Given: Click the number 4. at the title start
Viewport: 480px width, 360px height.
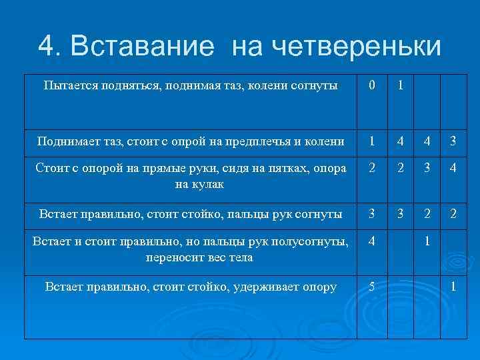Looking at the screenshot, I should (x=51, y=46).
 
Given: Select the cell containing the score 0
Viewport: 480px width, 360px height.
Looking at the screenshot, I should (x=372, y=86).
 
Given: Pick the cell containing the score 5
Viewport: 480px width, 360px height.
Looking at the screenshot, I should (x=372, y=287).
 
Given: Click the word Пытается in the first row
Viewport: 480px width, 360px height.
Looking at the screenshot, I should (x=70, y=85).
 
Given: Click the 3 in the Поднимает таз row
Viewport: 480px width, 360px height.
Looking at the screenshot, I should (x=453, y=141).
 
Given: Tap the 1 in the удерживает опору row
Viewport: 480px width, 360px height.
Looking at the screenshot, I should (x=453, y=287).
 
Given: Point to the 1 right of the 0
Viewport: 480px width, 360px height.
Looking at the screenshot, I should (x=400, y=86).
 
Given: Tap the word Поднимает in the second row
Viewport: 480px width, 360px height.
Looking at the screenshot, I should (x=66, y=141).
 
